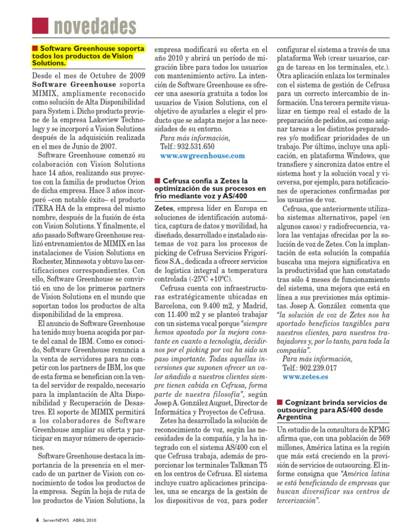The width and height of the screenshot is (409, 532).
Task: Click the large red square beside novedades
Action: [39, 24]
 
